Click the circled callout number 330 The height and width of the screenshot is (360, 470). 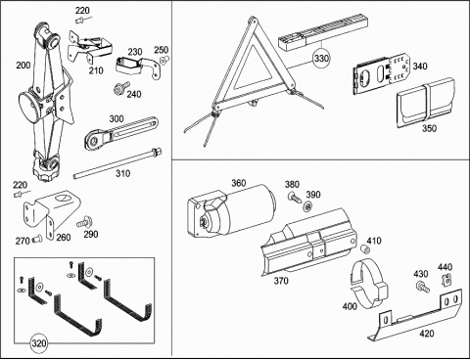321,59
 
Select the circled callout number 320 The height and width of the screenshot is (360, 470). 38,343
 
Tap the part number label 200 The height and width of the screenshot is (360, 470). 23,66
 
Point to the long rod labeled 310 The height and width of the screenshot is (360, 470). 117,162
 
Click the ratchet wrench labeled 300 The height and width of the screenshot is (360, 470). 121,133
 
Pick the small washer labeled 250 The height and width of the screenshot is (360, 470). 164,60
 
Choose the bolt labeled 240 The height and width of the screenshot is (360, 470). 120,88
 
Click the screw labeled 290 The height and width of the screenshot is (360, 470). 84,222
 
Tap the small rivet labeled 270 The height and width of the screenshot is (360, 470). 36,240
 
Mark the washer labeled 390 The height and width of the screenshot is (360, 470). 306,205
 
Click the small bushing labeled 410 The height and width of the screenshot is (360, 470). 364,249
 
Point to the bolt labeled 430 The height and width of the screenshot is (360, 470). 423,287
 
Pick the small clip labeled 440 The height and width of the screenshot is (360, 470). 446,280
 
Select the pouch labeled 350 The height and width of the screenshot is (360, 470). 425,102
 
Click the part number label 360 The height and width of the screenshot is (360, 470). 239,183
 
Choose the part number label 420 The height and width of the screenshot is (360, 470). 427,334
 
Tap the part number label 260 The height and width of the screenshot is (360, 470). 64,237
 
